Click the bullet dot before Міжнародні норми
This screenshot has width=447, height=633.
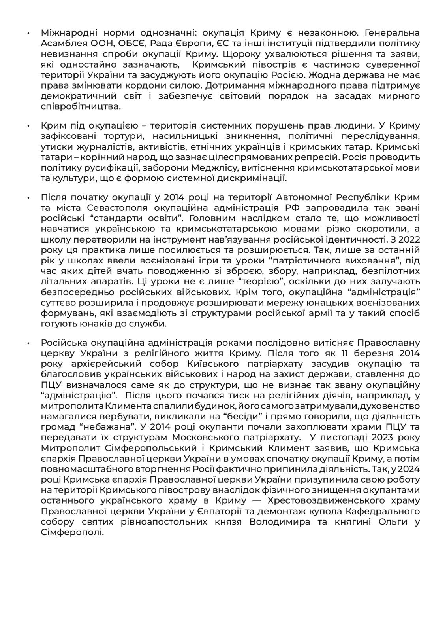[x=28, y=33]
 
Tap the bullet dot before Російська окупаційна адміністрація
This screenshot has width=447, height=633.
[x=28, y=343]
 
